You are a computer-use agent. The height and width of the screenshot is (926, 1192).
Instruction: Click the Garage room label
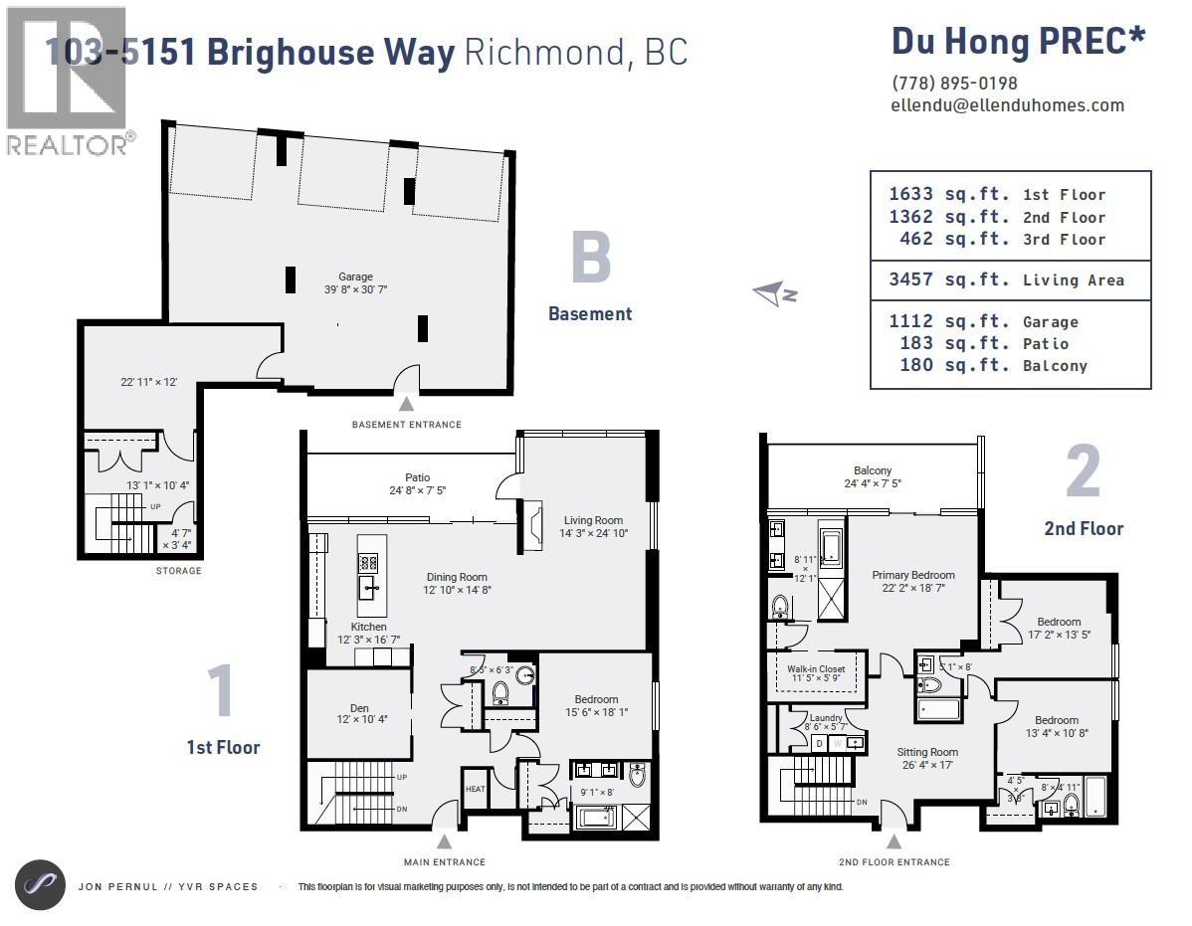click(355, 277)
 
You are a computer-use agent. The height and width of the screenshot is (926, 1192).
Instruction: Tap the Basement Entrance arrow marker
click(406, 404)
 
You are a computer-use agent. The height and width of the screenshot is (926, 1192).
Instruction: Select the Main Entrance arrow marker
click(445, 840)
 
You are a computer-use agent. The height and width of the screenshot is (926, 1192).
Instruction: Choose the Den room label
click(359, 708)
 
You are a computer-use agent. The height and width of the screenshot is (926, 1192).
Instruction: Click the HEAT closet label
click(475, 789)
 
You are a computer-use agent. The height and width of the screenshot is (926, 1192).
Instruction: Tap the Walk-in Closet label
click(816, 669)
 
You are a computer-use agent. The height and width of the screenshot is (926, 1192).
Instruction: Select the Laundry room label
click(826, 717)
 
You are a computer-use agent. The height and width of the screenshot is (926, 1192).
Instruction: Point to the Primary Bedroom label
click(913, 575)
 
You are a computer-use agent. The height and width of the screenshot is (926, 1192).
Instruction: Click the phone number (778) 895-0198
click(954, 84)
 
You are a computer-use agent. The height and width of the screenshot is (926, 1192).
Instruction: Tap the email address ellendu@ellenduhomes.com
click(1008, 104)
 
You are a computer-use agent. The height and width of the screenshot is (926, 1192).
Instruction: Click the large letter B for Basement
click(590, 258)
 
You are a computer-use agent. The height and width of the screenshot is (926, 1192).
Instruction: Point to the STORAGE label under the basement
click(179, 571)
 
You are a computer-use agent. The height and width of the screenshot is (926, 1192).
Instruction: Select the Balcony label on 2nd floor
click(873, 470)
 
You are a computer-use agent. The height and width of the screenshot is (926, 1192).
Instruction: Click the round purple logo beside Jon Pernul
click(41, 885)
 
